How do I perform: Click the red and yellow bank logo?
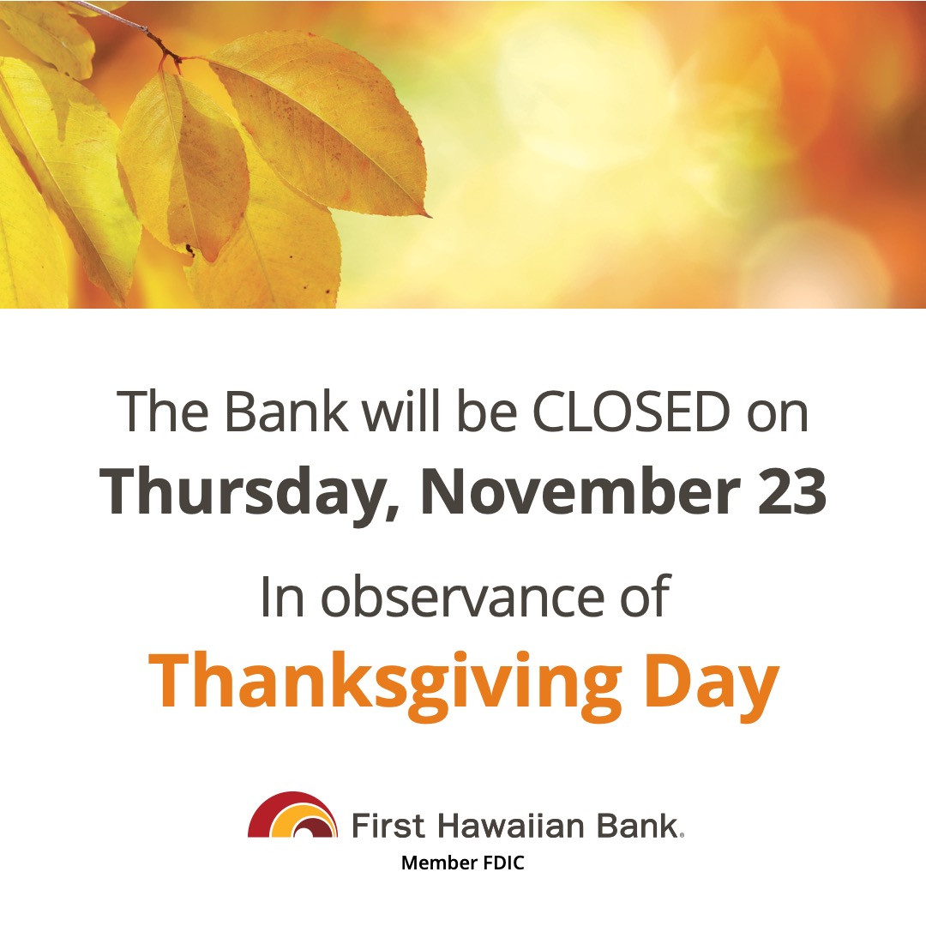coord(292,816)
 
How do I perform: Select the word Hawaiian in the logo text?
coord(512,825)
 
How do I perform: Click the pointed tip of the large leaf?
coord(426,213)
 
